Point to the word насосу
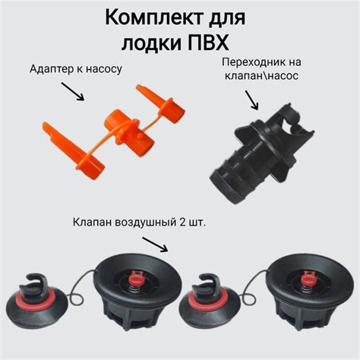pyautogui.click(x=104, y=69)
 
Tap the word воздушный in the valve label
pyautogui.click(x=146, y=223)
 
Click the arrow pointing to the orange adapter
pyautogui.click(x=73, y=91)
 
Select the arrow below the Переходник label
pyautogui.click(x=252, y=100)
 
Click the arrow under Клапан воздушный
pyautogui.click(x=155, y=245)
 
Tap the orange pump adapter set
pyautogui.click(x=114, y=132)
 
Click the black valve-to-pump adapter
pyautogui.click(x=262, y=153)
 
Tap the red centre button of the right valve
pyautogui.click(x=308, y=276)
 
